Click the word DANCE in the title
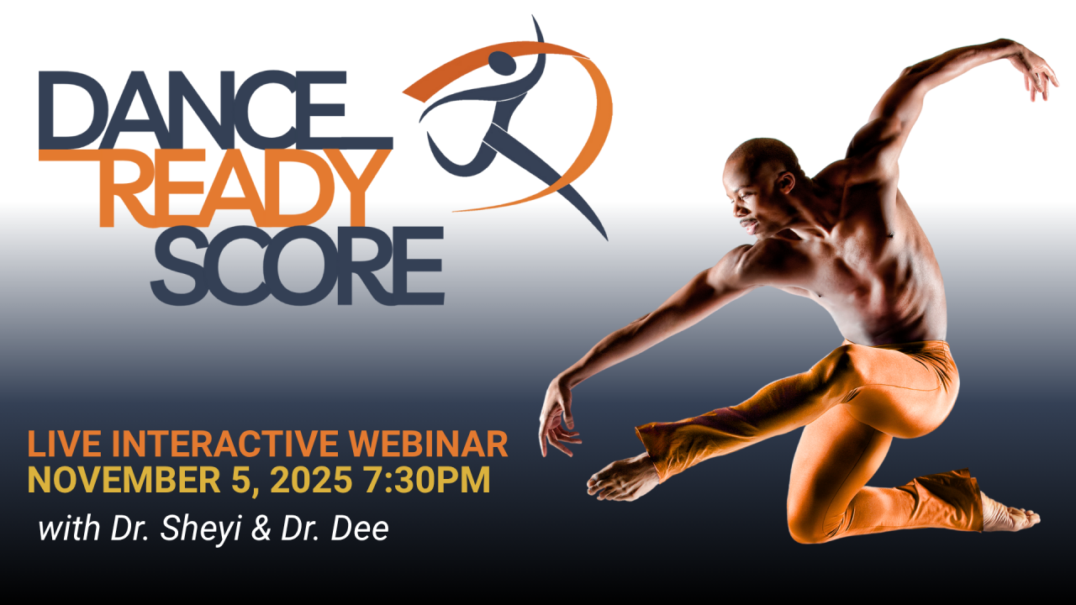(216, 110)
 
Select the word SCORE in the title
(298, 266)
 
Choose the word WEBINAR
(429, 444)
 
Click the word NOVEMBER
(124, 480)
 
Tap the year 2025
(311, 480)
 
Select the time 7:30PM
(427, 480)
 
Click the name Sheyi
(200, 530)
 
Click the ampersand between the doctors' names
(261, 529)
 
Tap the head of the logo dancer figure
(502, 63)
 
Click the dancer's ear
(786, 183)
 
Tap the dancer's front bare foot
(620, 480)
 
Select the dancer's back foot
(1009, 516)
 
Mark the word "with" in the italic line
(69, 529)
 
